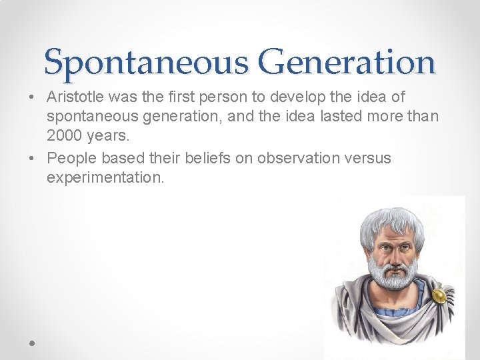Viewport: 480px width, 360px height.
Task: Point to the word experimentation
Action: coord(105,179)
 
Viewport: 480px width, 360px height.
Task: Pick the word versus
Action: coord(365,159)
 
